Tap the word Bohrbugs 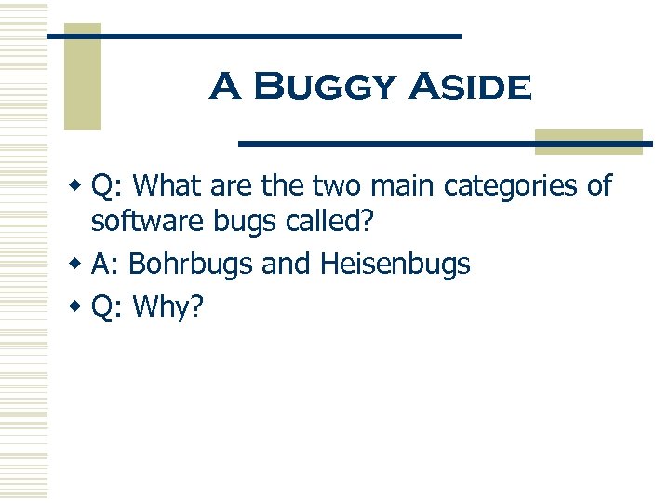pos(191,265)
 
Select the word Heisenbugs pos(395,265)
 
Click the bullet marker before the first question pos(81,184)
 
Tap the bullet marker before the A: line pos(81,264)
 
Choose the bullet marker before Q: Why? pos(81,306)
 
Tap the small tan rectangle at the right pos(589,141)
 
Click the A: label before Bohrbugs pos(105,265)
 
